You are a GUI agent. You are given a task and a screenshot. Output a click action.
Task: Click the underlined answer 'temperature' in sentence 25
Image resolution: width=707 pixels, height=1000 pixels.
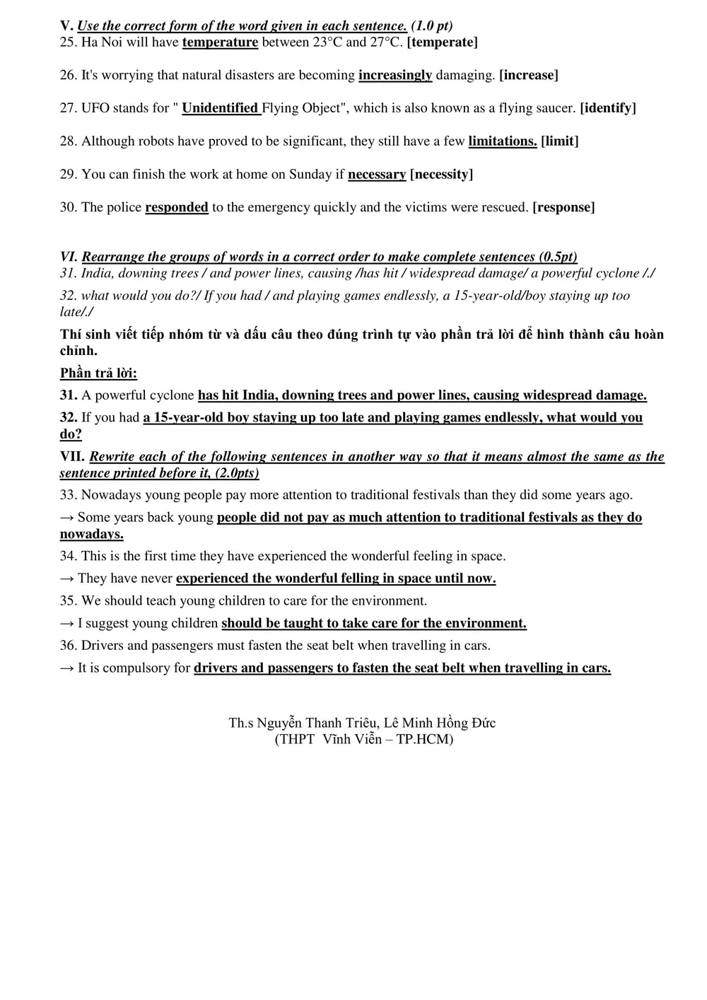220,42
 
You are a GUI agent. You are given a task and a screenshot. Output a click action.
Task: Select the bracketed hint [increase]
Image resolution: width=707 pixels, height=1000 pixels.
529,75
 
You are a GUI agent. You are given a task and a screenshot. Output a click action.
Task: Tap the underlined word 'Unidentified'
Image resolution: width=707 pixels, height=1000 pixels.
220,108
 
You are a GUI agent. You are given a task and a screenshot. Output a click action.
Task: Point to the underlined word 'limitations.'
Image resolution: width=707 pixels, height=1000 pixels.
503,141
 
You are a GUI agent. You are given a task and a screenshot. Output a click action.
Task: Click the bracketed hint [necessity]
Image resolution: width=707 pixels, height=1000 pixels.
441,175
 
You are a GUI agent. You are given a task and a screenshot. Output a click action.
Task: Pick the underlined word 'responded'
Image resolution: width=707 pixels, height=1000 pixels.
177,207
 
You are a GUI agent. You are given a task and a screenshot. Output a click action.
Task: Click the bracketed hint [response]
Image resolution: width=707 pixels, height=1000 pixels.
563,207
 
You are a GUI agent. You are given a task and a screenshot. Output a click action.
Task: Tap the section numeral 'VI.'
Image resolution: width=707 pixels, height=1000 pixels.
69,257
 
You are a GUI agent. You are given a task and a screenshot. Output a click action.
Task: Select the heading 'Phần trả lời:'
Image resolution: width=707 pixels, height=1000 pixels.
98,373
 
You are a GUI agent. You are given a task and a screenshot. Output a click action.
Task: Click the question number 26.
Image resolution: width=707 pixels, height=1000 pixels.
68,75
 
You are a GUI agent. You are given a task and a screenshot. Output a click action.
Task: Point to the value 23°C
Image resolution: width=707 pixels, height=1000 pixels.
327,42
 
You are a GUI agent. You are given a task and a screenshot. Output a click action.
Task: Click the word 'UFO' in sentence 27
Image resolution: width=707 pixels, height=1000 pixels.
95,108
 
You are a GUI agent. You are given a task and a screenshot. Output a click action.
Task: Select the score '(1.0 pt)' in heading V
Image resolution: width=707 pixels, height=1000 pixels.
431,26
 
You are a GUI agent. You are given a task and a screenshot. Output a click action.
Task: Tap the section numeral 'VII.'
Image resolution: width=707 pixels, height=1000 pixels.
72,457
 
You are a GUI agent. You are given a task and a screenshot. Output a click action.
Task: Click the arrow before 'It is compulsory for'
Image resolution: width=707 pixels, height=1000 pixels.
67,668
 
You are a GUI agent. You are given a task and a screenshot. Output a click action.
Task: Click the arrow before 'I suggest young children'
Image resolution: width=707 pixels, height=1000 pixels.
67,623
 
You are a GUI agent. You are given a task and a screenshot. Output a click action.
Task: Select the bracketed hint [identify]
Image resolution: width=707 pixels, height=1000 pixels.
608,108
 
